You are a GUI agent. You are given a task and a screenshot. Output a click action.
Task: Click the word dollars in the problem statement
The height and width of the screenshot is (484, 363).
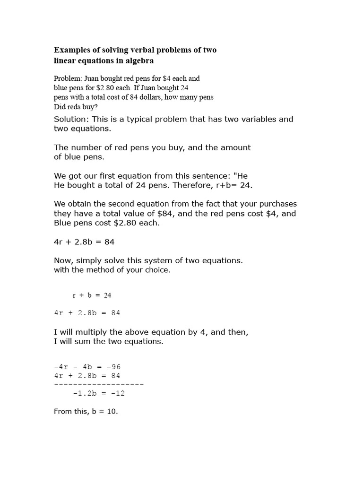[x=145, y=97]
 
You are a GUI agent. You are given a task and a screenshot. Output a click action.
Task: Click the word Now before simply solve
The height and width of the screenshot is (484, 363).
[x=63, y=260]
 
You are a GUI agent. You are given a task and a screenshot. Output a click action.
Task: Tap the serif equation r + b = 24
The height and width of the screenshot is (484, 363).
[x=92, y=295]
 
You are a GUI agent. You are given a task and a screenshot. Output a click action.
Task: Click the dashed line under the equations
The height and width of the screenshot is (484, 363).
[x=99, y=384]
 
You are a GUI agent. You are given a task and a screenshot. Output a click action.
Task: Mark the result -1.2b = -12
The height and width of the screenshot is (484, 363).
[x=99, y=393]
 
